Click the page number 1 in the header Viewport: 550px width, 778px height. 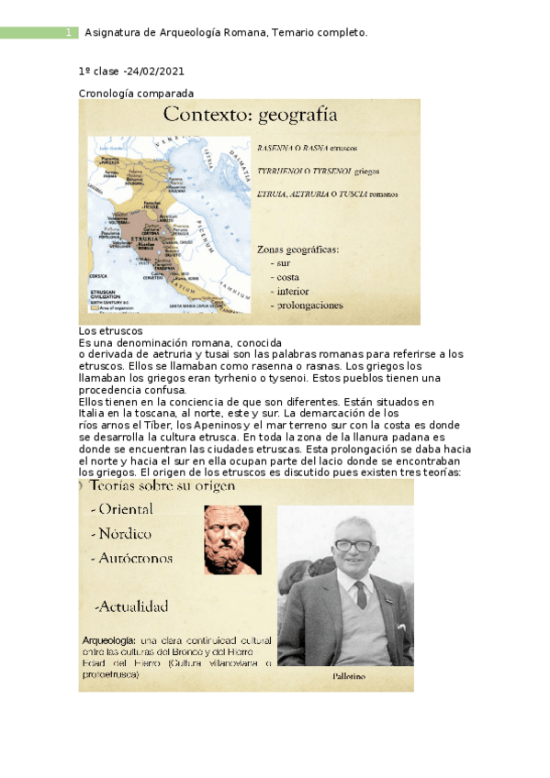[67, 33]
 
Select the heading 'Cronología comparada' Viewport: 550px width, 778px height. [136, 93]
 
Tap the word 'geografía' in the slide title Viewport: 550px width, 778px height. [297, 116]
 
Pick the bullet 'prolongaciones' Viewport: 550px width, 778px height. [309, 305]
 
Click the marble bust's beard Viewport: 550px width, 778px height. [232, 559]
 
